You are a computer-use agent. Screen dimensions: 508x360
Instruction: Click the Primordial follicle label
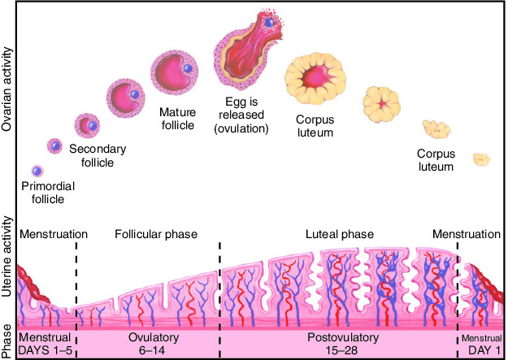pos(48,193)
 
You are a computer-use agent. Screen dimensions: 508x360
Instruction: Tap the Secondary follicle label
pos(98,155)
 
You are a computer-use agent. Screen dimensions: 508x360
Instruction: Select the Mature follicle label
pos(177,119)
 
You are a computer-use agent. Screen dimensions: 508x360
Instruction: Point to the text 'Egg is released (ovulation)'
pos(241,115)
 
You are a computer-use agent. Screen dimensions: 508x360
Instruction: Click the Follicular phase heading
pos(156,234)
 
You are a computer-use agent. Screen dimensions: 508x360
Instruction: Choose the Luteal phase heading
pos(340,234)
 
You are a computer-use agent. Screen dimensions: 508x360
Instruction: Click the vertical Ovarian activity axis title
pos(7,89)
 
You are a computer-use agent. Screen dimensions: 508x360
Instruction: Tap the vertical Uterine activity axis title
pos(7,257)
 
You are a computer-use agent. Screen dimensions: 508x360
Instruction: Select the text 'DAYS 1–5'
pos(45,350)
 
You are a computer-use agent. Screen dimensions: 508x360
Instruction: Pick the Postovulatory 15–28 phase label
pos(343,344)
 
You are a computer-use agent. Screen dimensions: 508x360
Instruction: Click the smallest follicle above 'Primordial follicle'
pos(37,171)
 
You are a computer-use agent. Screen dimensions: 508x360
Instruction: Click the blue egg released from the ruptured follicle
pos(269,23)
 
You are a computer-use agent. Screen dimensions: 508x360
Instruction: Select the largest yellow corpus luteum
pos(315,80)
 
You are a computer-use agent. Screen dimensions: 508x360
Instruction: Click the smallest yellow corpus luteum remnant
pos(481,159)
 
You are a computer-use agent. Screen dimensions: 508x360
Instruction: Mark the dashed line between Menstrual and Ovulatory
pos(76,299)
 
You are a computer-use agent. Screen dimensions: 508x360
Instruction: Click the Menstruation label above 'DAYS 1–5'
pos(54,234)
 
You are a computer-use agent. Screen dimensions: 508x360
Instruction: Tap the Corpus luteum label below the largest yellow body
pos(315,126)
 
